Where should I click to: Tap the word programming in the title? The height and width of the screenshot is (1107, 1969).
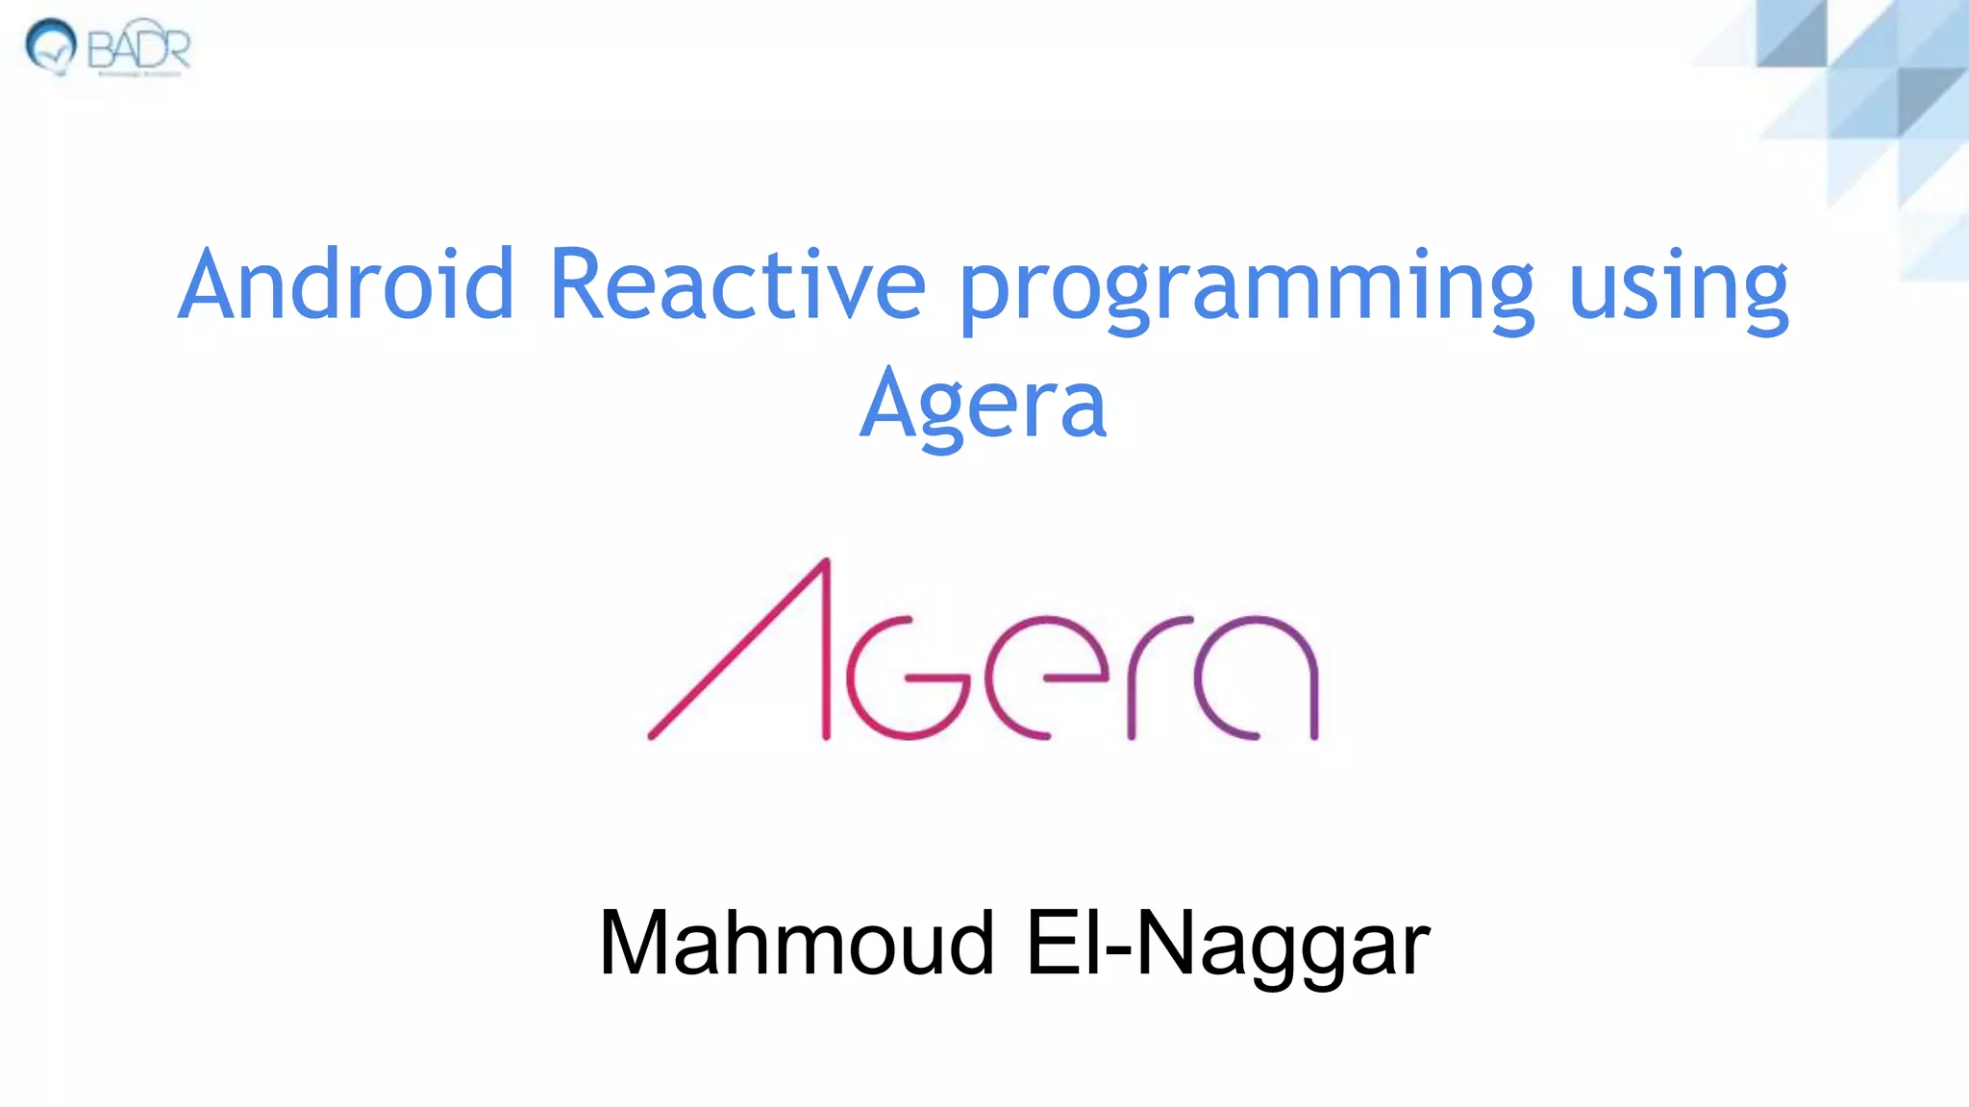(1246, 288)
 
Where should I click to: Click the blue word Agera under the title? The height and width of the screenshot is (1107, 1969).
(983, 404)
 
